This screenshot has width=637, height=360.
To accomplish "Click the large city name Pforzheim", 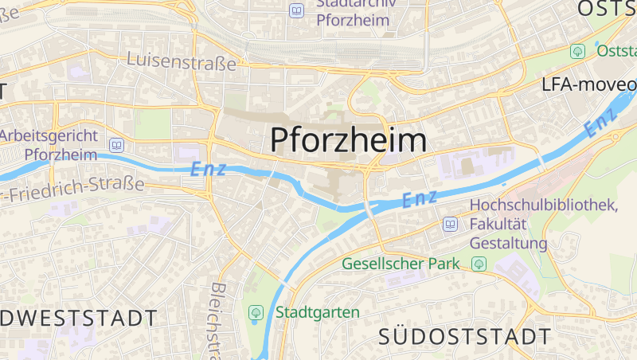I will tap(349, 140).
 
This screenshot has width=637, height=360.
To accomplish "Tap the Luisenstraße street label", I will tap(182, 61).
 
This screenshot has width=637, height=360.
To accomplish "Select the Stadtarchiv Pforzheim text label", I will tap(354, 13).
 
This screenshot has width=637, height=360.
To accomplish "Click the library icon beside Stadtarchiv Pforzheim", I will tap(297, 10).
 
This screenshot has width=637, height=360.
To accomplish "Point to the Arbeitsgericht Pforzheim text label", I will tap(49, 144).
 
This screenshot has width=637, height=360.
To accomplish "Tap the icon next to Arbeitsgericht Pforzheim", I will tap(117, 145).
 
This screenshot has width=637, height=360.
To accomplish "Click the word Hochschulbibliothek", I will tap(544, 205).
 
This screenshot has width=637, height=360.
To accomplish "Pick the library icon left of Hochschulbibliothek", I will tap(451, 225).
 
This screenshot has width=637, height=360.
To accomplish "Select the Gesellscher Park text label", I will tap(401, 263).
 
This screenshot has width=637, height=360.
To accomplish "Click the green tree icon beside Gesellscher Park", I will tap(479, 263).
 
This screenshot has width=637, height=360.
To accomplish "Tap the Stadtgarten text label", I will tap(318, 312).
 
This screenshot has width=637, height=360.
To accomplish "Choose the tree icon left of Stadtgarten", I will tap(256, 313).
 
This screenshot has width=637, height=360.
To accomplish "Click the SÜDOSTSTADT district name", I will tap(465, 335).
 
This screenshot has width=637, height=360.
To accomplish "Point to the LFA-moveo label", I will tap(589, 84).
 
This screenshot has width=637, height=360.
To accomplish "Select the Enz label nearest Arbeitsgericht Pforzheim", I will tap(209, 169).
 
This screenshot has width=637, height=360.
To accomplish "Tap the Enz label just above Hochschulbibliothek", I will tap(420, 198).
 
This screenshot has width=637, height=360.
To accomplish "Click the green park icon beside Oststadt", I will tap(577, 51).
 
